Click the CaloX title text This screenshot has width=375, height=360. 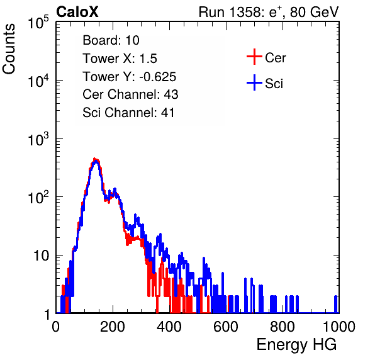click(x=77, y=12)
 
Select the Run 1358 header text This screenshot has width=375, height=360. click(x=269, y=12)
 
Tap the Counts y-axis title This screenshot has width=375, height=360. click(x=9, y=49)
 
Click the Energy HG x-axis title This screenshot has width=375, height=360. click(x=296, y=345)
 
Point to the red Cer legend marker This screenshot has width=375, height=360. click(x=254, y=57)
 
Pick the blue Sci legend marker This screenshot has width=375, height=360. click(x=254, y=82)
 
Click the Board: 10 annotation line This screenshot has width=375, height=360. click(x=111, y=40)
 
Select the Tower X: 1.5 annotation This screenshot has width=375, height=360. click(x=120, y=59)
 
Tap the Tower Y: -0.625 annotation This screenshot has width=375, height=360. click(x=130, y=77)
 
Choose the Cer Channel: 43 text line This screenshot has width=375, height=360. click(x=130, y=94)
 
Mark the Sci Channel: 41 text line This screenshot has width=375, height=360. click(x=128, y=113)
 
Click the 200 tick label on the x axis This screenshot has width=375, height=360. click(x=113, y=327)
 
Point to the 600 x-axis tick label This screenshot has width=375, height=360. click(x=226, y=327)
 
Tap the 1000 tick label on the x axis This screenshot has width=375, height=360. click(x=339, y=327)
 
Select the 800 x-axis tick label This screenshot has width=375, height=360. click(x=283, y=327)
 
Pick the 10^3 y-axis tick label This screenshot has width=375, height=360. click(x=38, y=139)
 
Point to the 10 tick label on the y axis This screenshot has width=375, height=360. click(x=41, y=256)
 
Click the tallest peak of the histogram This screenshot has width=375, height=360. click(x=95, y=159)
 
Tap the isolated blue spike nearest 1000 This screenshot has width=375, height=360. click(x=335, y=304)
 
